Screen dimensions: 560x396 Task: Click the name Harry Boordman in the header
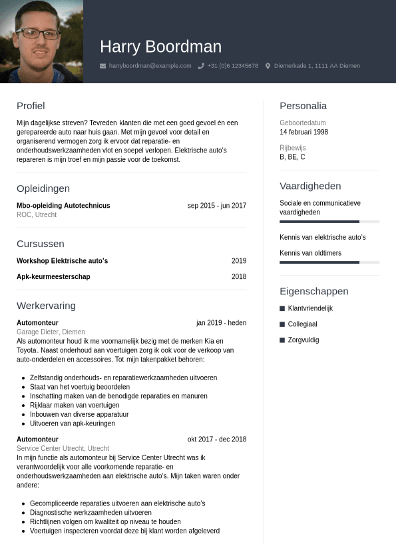click(x=160, y=47)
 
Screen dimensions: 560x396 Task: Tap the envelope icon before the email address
click(x=102, y=66)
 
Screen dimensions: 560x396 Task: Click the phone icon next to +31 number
click(x=201, y=66)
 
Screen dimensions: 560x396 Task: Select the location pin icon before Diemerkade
click(x=268, y=66)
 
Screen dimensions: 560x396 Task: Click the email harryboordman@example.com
click(x=150, y=66)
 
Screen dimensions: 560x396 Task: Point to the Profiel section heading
click(x=31, y=105)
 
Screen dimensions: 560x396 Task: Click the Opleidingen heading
click(x=43, y=188)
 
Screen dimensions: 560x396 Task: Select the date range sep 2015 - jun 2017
click(x=217, y=206)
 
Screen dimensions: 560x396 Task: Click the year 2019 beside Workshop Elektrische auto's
click(x=239, y=261)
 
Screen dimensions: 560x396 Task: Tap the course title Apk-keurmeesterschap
click(x=53, y=277)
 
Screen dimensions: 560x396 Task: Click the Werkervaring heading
click(x=46, y=306)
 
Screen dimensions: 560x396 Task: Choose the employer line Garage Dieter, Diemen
click(x=51, y=332)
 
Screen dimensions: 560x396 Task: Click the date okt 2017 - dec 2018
click(x=217, y=439)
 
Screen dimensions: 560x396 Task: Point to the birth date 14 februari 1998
click(x=303, y=132)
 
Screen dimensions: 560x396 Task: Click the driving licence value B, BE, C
click(x=292, y=157)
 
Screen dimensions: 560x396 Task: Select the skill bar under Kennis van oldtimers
click(x=329, y=262)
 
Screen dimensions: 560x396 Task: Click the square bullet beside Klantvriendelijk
click(x=282, y=308)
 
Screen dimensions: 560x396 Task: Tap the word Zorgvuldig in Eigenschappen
click(x=303, y=340)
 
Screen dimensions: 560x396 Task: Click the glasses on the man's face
click(x=38, y=33)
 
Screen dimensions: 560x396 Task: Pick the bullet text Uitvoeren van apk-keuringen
click(x=73, y=423)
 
